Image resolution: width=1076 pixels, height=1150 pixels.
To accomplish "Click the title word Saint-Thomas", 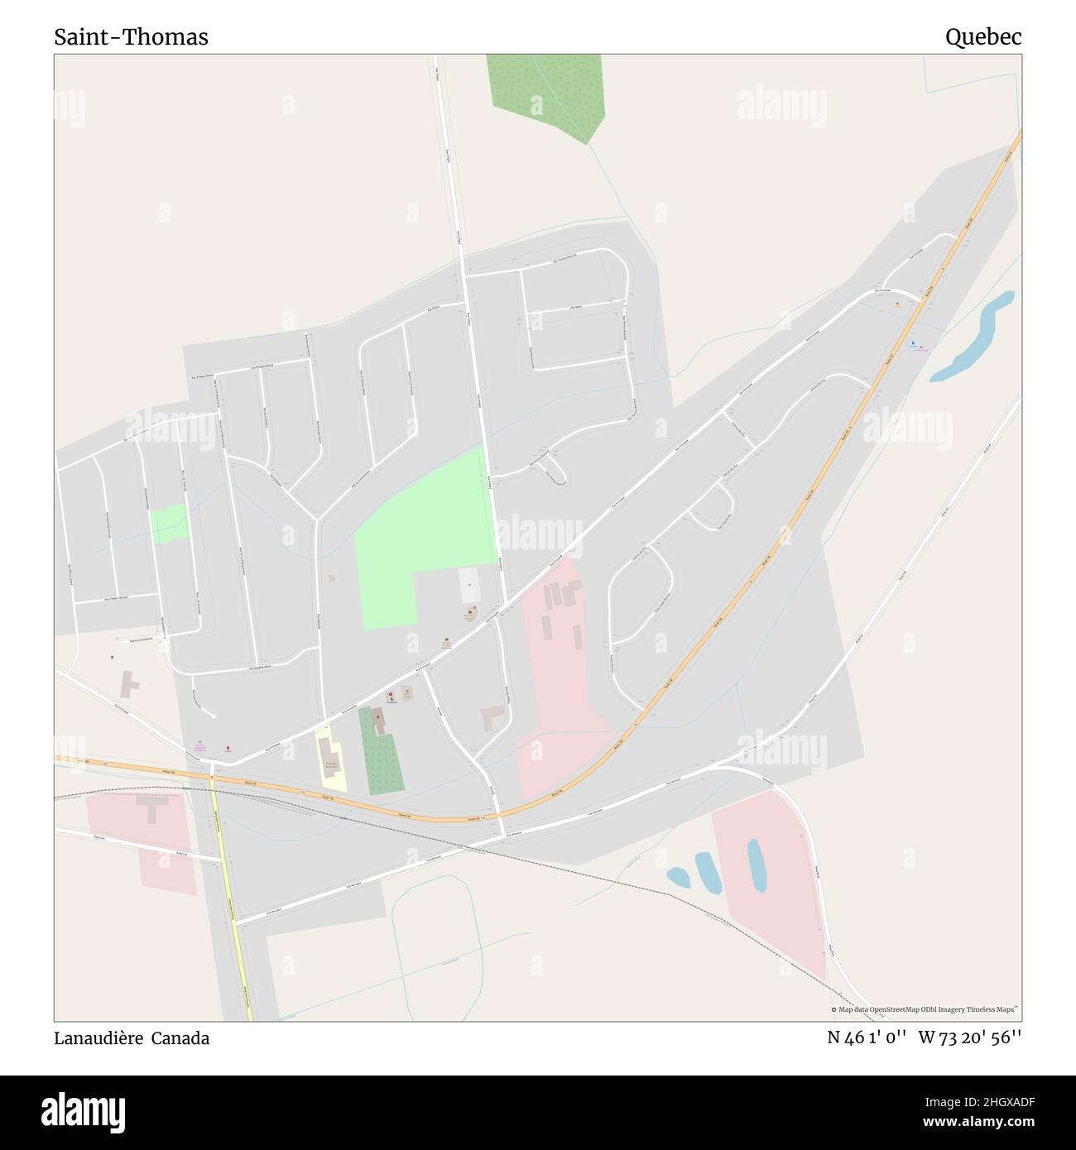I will [x=131, y=37].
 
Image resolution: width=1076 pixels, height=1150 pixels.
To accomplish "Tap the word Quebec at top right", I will [x=983, y=37].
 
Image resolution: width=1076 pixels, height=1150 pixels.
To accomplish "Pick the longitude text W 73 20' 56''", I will [x=969, y=1038].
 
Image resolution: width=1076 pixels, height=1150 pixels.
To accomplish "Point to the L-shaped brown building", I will [x=494, y=716].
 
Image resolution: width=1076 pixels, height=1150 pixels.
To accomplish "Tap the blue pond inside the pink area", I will [x=757, y=865].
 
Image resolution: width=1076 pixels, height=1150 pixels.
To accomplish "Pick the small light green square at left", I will [x=168, y=523].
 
